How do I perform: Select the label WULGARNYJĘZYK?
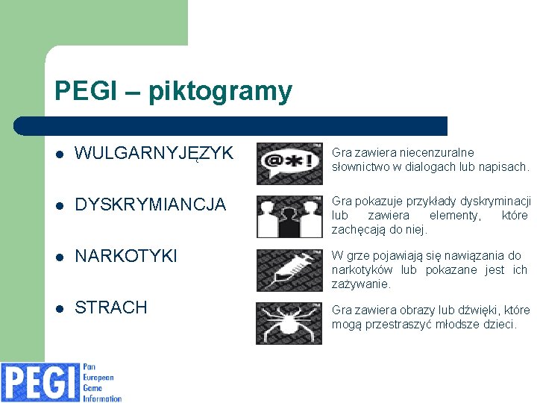tap(154, 154)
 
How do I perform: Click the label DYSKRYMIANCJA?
tap(151, 204)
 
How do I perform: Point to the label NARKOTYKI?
tap(127, 256)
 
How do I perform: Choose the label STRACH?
tap(112, 307)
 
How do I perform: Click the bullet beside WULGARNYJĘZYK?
tap(60, 154)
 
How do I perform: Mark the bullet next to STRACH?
tap(60, 308)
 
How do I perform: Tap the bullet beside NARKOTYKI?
tap(60, 257)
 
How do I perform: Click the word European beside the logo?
tap(99, 378)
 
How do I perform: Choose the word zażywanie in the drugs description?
tap(362, 284)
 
